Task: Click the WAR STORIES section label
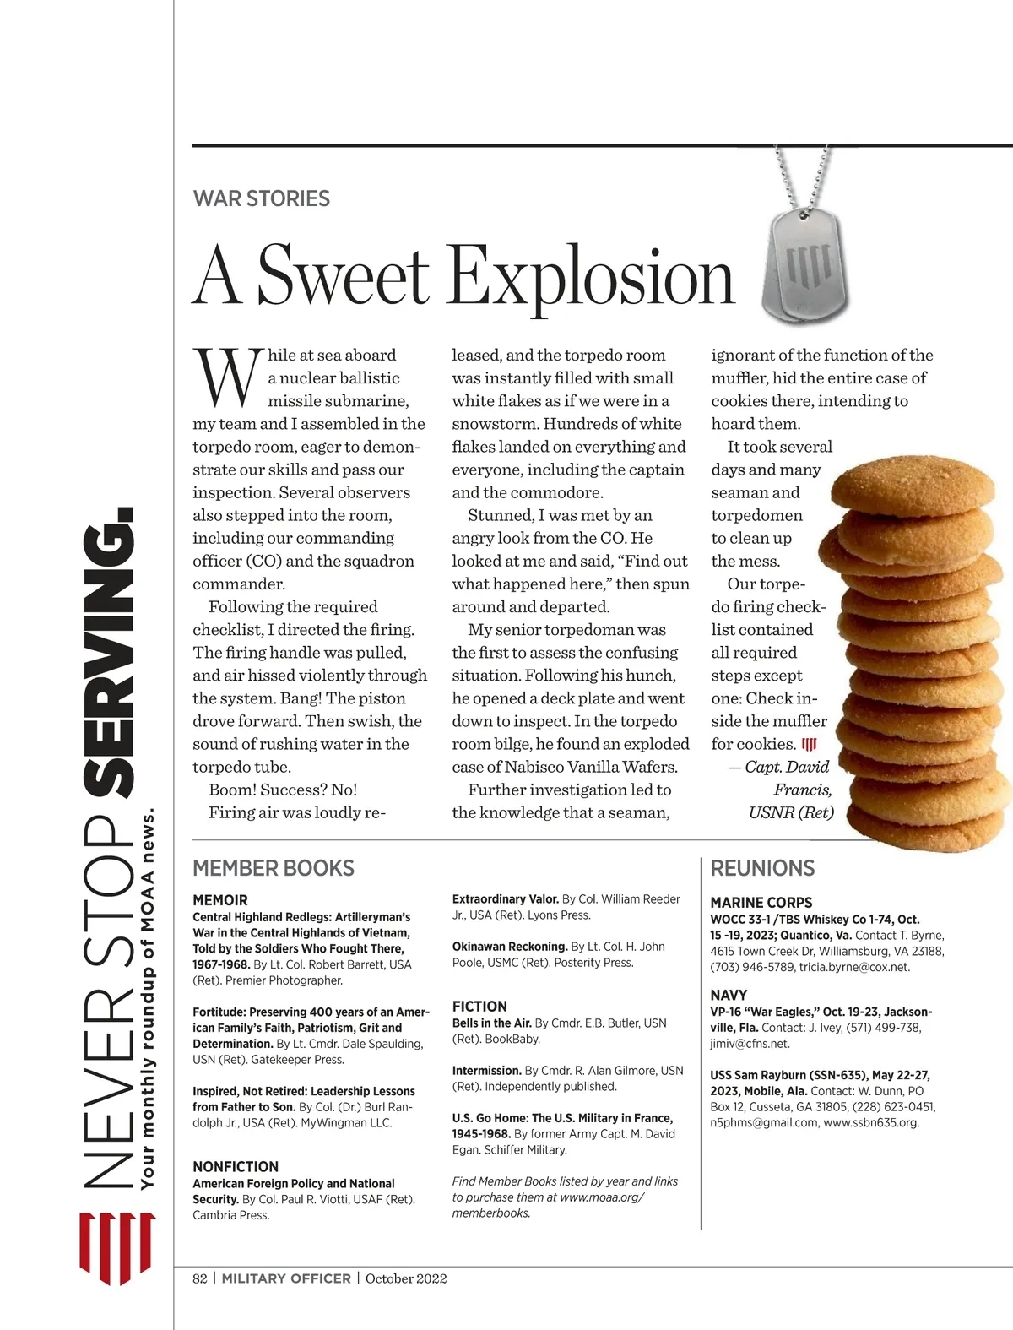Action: point(262,199)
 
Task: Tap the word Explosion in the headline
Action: point(591,277)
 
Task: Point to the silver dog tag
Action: point(805,267)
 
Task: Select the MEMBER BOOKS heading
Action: point(274,868)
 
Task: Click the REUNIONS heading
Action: point(762,868)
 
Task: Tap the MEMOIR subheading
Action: point(220,900)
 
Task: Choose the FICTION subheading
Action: point(479,1007)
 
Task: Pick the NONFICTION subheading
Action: point(236,1167)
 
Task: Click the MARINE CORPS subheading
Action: point(761,903)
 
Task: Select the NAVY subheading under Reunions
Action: point(729,996)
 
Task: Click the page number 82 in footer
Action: point(200,1278)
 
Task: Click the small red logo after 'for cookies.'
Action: point(810,744)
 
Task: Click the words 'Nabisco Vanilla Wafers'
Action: point(603,767)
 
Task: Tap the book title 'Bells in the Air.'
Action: point(492,1023)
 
